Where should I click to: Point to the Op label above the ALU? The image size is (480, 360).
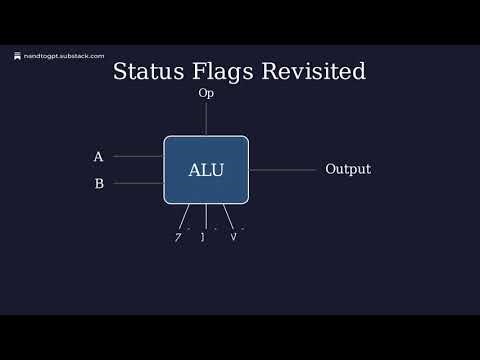click(x=206, y=93)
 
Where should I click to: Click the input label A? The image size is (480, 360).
click(x=98, y=157)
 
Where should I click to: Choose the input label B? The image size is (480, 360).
click(x=98, y=184)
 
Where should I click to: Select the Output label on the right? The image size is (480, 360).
click(x=348, y=170)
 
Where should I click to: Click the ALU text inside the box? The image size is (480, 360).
click(x=206, y=170)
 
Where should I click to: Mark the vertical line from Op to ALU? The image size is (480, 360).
click(x=206, y=118)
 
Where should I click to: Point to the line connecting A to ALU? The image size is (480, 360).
click(x=138, y=157)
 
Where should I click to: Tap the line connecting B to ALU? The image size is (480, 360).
click(x=138, y=184)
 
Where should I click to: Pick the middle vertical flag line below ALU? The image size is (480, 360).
click(x=206, y=216)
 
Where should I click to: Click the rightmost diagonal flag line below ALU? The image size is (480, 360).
click(x=228, y=215)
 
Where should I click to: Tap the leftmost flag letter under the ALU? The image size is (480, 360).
click(x=178, y=237)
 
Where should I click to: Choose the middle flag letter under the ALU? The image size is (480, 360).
click(x=203, y=237)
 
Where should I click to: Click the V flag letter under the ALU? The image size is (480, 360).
click(x=234, y=237)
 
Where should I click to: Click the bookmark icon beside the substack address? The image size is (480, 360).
click(x=17, y=56)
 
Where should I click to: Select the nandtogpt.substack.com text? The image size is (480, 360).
click(x=64, y=56)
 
